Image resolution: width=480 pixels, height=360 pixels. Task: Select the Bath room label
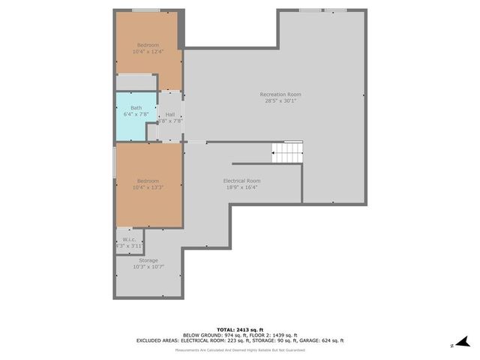136,108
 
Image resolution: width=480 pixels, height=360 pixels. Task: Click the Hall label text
170,114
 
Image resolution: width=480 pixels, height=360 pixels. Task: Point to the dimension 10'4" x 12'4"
147,51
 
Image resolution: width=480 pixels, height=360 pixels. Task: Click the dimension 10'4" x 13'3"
147,187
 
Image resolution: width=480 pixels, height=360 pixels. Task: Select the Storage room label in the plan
148,260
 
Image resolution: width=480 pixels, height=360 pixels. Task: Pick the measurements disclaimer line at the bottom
239,350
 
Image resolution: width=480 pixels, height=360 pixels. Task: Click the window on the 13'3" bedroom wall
114,163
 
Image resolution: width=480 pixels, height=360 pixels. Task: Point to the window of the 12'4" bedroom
146,10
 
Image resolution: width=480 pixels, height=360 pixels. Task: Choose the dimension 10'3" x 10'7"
148,266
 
